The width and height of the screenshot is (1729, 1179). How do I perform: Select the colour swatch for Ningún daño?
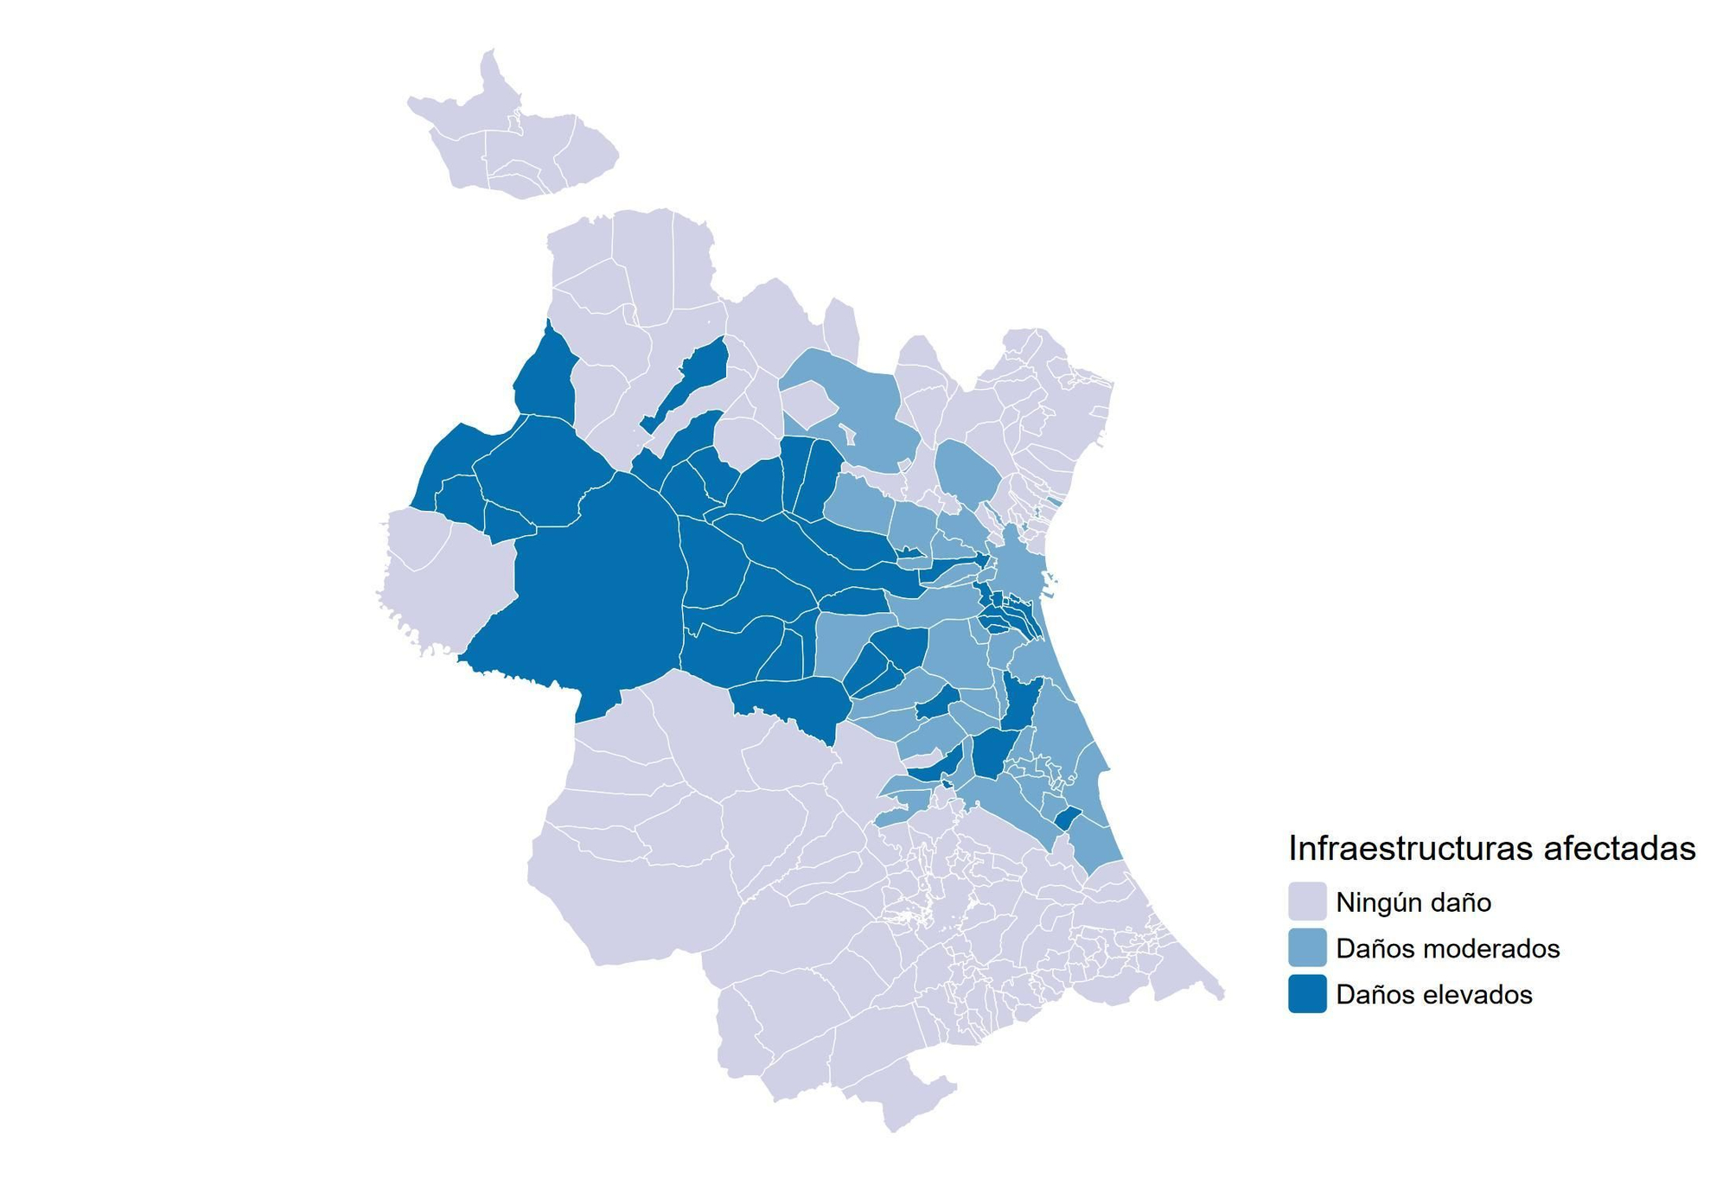[1306, 902]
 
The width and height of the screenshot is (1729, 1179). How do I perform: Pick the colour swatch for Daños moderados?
[1306, 948]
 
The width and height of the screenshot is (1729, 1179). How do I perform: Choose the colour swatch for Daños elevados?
[1306, 994]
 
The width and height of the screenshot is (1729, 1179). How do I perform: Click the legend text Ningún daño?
[1413, 902]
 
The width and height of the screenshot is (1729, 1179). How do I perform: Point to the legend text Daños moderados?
[1447, 949]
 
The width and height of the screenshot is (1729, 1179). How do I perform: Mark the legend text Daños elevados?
[1433, 995]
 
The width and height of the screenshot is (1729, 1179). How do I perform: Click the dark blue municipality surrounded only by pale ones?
[692, 380]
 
